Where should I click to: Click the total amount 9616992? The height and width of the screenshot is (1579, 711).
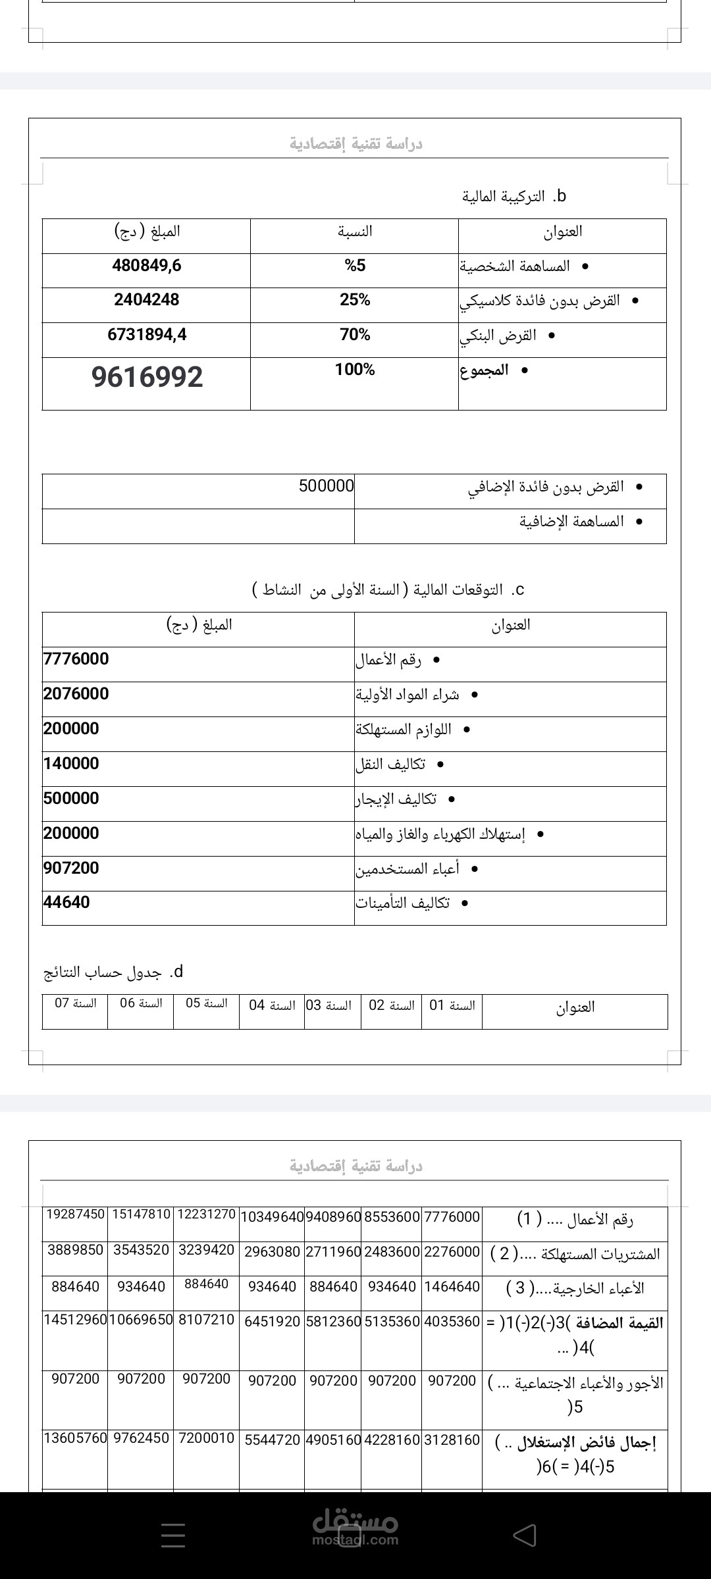click(147, 377)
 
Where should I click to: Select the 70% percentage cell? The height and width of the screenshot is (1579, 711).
click(355, 335)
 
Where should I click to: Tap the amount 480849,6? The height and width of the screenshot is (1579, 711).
click(147, 266)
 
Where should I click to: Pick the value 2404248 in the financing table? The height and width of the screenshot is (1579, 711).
click(147, 300)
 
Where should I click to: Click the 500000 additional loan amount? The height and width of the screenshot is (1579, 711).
click(326, 486)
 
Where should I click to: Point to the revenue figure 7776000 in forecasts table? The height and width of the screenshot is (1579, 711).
click(76, 659)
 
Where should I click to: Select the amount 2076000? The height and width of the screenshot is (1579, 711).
click(76, 693)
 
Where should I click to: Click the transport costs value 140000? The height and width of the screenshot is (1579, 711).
click(71, 763)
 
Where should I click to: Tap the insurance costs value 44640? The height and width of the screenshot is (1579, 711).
click(66, 902)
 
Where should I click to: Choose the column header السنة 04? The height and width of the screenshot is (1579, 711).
click(272, 1005)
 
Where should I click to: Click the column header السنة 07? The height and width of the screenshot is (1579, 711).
click(76, 1003)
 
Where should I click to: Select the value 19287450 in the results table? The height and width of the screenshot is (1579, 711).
click(76, 1214)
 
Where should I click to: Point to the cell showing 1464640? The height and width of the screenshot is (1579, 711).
click(452, 1286)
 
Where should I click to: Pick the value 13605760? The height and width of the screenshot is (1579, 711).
click(76, 1438)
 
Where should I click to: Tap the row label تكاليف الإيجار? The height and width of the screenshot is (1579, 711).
click(396, 799)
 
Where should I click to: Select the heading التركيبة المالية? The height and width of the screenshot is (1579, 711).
click(504, 196)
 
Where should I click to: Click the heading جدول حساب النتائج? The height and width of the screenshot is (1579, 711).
click(103, 972)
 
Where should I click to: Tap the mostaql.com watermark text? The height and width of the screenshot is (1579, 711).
click(355, 1540)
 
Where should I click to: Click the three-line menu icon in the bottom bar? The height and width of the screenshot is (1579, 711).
click(173, 1535)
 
